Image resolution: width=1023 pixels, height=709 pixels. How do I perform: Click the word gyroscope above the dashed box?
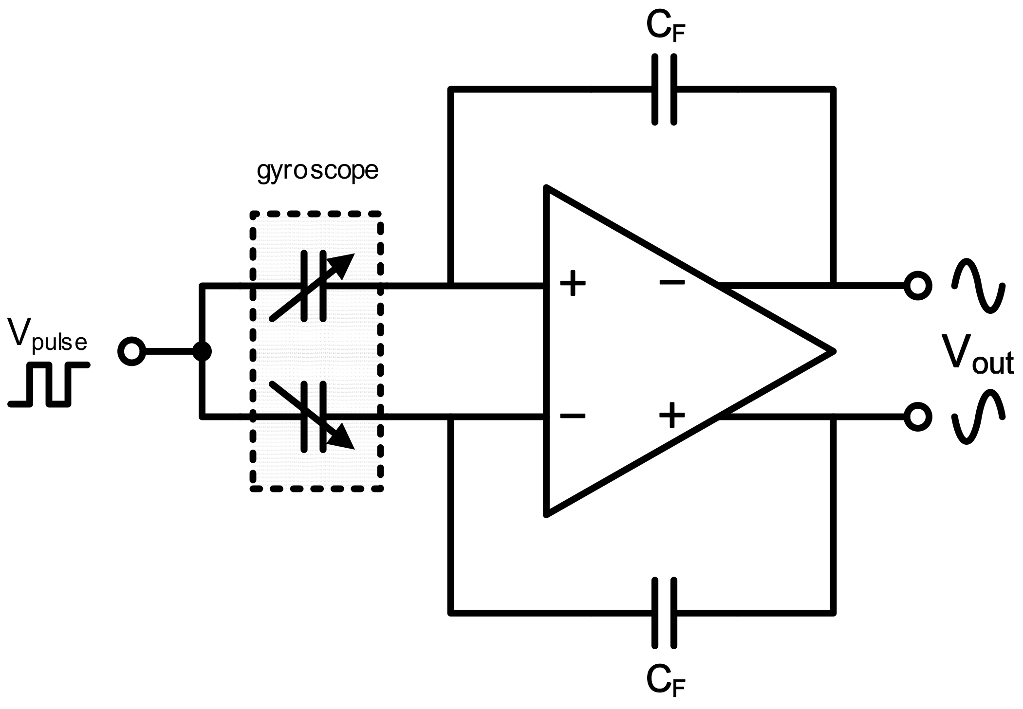(317, 171)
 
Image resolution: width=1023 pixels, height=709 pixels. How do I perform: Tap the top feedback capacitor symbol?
(664, 90)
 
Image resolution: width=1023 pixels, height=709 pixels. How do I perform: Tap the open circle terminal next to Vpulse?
(131, 351)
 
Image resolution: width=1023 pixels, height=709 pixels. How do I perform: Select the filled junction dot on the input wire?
(202, 351)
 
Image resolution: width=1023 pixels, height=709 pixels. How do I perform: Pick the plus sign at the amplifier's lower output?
(672, 415)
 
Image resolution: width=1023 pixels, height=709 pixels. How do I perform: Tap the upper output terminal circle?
(917, 285)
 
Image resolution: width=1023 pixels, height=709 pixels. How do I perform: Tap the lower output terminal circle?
(917, 417)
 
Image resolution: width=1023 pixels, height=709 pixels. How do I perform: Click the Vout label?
(976, 354)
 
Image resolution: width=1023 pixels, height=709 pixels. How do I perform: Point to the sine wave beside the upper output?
(978, 285)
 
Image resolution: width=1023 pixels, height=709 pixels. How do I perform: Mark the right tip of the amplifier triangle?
(834, 351)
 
